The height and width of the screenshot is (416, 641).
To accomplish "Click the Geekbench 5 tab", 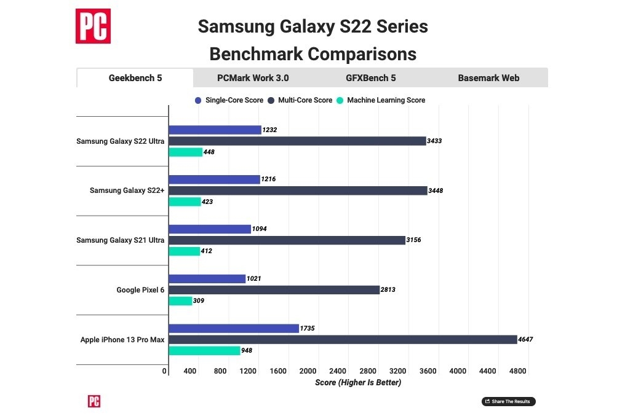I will click(x=135, y=78).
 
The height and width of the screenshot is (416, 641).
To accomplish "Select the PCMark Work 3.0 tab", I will click(x=253, y=78).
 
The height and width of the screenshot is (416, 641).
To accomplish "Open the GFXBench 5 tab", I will click(x=370, y=78).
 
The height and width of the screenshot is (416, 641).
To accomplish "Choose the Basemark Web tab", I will click(x=488, y=78).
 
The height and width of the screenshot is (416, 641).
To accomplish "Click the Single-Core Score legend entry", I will click(x=229, y=100).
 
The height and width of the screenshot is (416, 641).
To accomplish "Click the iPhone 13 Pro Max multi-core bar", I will click(x=343, y=339).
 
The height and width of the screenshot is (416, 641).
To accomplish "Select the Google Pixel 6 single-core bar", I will click(x=207, y=278).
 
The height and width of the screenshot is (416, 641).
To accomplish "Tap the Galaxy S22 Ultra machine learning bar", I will click(x=185, y=152).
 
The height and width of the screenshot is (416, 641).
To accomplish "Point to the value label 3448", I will click(x=436, y=190).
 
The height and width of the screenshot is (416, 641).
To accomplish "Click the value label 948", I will click(x=247, y=351).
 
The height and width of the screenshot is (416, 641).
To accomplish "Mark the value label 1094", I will click(x=260, y=229).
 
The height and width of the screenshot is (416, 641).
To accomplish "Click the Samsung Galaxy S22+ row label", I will click(x=127, y=190).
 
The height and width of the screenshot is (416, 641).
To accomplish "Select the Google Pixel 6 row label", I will click(x=140, y=289).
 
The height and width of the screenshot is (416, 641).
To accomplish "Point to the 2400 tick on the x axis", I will click(x=338, y=371).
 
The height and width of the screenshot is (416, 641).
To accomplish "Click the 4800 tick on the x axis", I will click(x=517, y=371).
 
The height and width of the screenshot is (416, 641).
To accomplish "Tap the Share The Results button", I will click(x=509, y=401).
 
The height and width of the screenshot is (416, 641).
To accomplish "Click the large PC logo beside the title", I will click(x=93, y=26).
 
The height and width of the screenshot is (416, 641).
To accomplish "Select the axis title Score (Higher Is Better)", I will click(x=357, y=382).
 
